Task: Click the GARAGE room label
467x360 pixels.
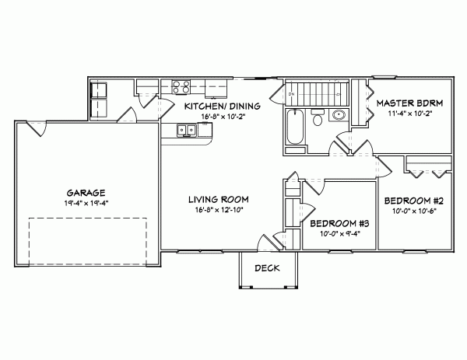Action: pos(86,191)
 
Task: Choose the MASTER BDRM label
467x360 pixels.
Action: pos(409,103)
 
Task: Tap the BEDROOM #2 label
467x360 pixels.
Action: pos(414,201)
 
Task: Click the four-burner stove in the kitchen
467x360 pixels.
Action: pos(181,87)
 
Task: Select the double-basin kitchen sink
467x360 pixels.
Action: pos(187,131)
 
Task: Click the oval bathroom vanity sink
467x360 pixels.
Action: pos(339,117)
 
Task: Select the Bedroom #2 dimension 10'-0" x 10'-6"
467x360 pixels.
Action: pos(414,211)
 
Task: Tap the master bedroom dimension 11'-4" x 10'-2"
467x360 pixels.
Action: pos(409,113)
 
